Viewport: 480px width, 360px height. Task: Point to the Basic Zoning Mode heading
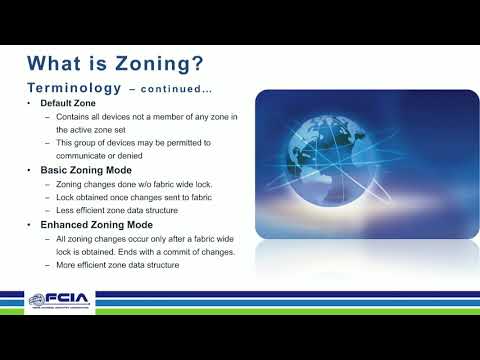point(85,171)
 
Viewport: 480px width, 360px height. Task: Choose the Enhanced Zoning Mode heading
point(95,224)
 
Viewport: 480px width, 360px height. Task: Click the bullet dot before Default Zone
point(29,105)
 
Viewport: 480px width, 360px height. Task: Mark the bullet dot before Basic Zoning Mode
point(29,171)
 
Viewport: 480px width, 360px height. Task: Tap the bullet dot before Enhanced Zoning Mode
point(29,224)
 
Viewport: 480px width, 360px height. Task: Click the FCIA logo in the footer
point(59,300)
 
